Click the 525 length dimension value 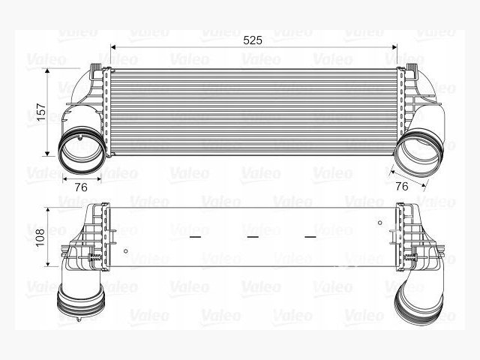pos(253,40)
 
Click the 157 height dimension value pos(40,112)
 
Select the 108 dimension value pos(40,237)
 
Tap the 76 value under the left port pos(81,187)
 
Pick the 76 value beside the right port pos(402,186)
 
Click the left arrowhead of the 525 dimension pos(112,47)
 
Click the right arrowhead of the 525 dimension pos(394,47)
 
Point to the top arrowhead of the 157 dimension pos(47,71)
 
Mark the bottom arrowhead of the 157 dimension pos(47,153)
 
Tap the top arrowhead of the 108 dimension pos(47,210)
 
